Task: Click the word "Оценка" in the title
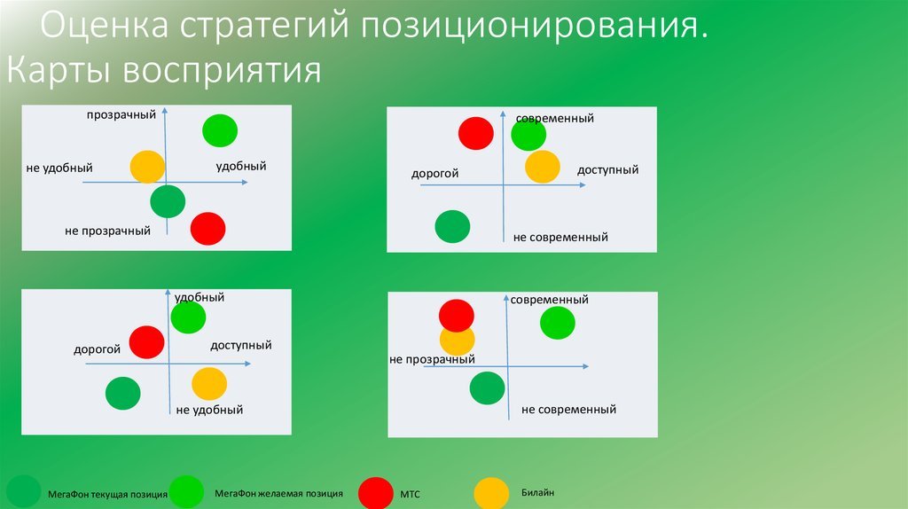pos(105,25)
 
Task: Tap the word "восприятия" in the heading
pos(223,71)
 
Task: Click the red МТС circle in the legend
pos(376,493)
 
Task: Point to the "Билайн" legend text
pos(537,493)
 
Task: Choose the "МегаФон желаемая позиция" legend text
pos(278,494)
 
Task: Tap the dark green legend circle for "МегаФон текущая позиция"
pos(23,492)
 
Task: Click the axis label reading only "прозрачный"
pos(121,114)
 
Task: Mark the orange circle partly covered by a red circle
pos(457,341)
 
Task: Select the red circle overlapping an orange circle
pos(457,316)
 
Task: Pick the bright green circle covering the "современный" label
pos(528,134)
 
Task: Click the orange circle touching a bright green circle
pos(543,167)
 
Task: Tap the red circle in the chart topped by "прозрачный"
pos(207,229)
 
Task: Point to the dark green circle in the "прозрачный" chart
pos(168,201)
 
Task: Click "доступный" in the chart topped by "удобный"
pos(241,346)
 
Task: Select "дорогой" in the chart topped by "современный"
pos(434,174)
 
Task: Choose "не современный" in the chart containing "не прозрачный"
pos(568,410)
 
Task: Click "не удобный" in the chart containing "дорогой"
pos(209,410)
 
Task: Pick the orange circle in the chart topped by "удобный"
pos(209,384)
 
